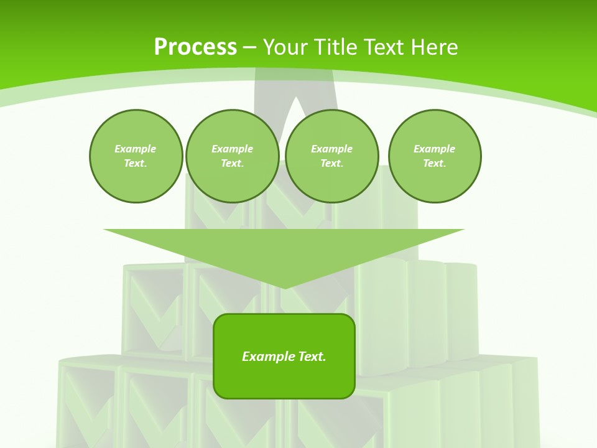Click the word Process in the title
coord(195,47)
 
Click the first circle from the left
coord(136,156)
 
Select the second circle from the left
coord(232,156)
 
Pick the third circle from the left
coord(331,156)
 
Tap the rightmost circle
coord(434,156)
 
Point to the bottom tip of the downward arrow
coord(284,288)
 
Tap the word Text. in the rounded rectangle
coord(311,357)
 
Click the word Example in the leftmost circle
coord(136,149)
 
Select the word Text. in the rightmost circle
coord(434,164)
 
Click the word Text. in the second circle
coord(232,164)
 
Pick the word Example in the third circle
coord(331,149)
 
